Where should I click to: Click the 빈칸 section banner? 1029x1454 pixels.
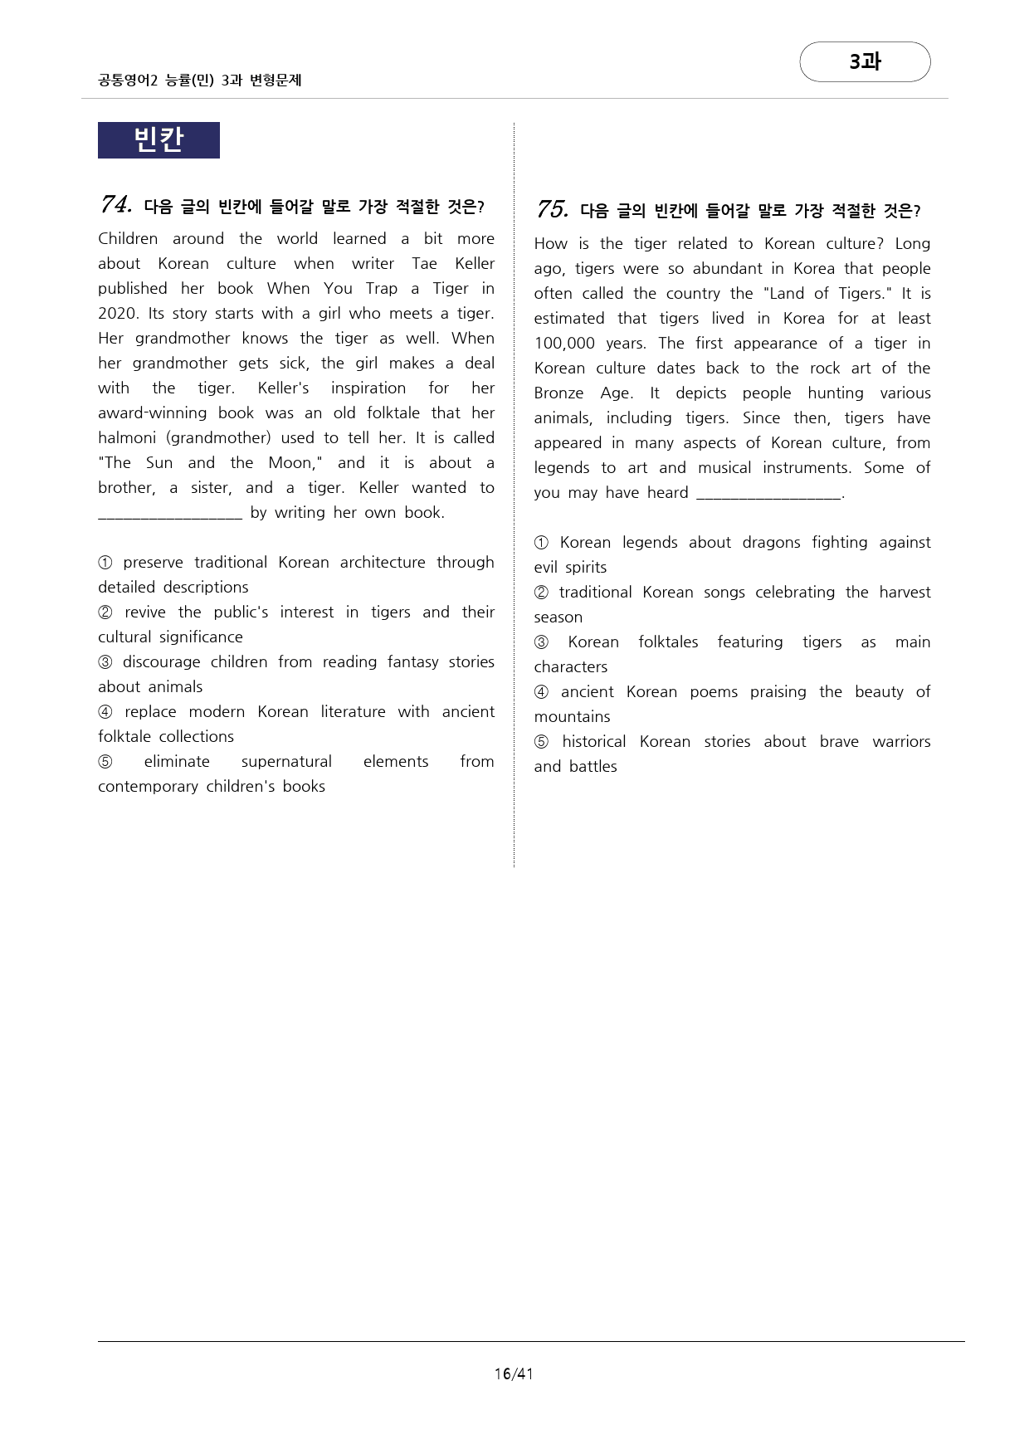pyautogui.click(x=158, y=139)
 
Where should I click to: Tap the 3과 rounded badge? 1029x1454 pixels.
pyautogui.click(x=865, y=61)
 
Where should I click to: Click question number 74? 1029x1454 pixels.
pyautogui.click(x=116, y=204)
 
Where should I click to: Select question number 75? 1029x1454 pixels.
pyautogui.click(x=552, y=209)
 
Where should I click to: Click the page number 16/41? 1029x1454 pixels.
pyautogui.click(x=514, y=1373)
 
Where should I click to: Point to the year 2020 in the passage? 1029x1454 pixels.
pyautogui.click(x=117, y=313)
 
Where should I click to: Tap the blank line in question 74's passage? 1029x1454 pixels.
pyautogui.click(x=170, y=514)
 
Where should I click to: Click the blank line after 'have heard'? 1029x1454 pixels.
pyautogui.click(x=768, y=494)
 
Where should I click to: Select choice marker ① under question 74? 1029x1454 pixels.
pyautogui.click(x=105, y=563)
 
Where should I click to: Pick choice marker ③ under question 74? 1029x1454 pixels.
pyautogui.click(x=105, y=662)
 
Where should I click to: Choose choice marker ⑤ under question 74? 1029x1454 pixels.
pyautogui.click(x=105, y=762)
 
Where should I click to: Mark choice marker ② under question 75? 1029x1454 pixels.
pyautogui.click(x=541, y=593)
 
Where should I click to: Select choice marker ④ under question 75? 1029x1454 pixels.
pyautogui.click(x=541, y=692)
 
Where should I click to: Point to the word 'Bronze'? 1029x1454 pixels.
pyautogui.click(x=558, y=393)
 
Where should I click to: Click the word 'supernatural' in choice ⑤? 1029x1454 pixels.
pyautogui.click(x=286, y=761)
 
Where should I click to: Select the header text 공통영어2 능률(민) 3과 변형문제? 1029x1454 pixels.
pyautogui.click(x=200, y=81)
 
